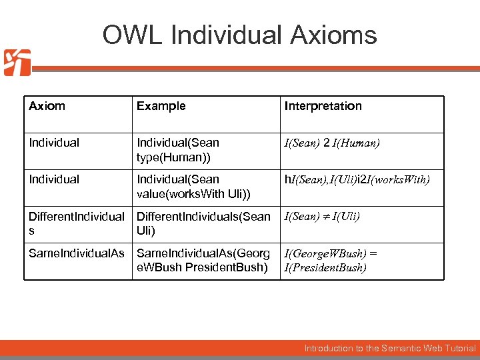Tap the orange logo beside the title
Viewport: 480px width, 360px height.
coord(16,63)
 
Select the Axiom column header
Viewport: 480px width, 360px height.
coord(47,106)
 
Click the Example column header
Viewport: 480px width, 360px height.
coord(161,106)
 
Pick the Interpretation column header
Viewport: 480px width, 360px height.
coord(323,106)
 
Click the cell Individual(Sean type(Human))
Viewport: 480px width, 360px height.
coord(178,149)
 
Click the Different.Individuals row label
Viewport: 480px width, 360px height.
coord(76,223)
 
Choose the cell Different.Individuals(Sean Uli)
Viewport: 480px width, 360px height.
coord(203,223)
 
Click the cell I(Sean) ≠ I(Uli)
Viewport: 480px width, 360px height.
coord(323,217)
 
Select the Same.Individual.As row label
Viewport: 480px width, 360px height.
coord(76,253)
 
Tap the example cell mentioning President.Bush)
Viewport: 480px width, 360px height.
coord(203,260)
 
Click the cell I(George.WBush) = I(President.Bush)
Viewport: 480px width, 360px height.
coord(331,260)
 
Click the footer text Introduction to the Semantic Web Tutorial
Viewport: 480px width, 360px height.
coord(390,348)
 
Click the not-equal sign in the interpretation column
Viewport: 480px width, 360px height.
coord(328,217)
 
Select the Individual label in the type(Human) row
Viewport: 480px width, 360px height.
coord(54,143)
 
